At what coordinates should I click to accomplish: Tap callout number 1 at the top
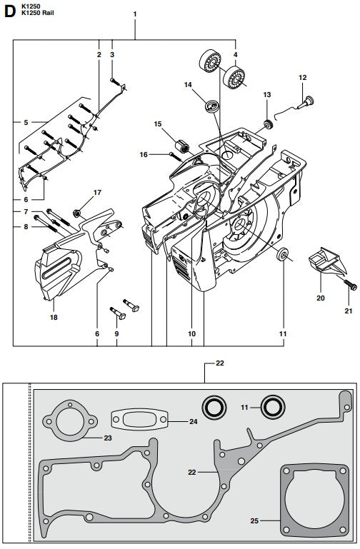tap(134, 14)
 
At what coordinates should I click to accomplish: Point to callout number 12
tap(302, 77)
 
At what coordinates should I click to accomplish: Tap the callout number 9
tap(117, 333)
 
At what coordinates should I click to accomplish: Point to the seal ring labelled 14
tap(211, 107)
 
